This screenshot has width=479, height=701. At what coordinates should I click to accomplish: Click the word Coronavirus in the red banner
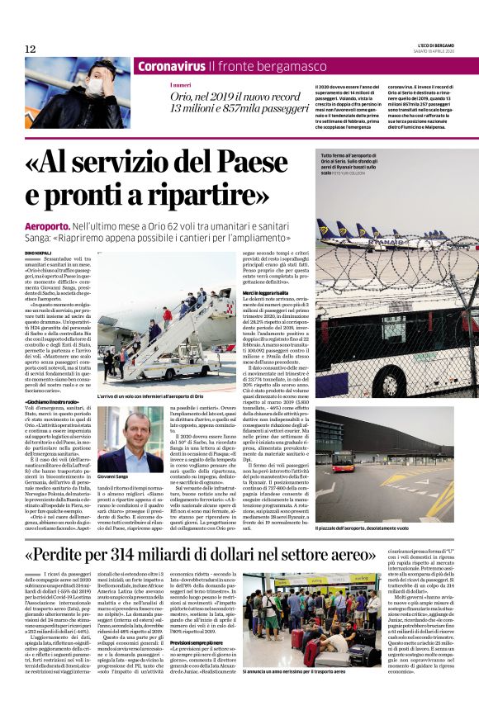point(170,66)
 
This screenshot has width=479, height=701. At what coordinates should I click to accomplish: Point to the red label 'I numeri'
point(180,85)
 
